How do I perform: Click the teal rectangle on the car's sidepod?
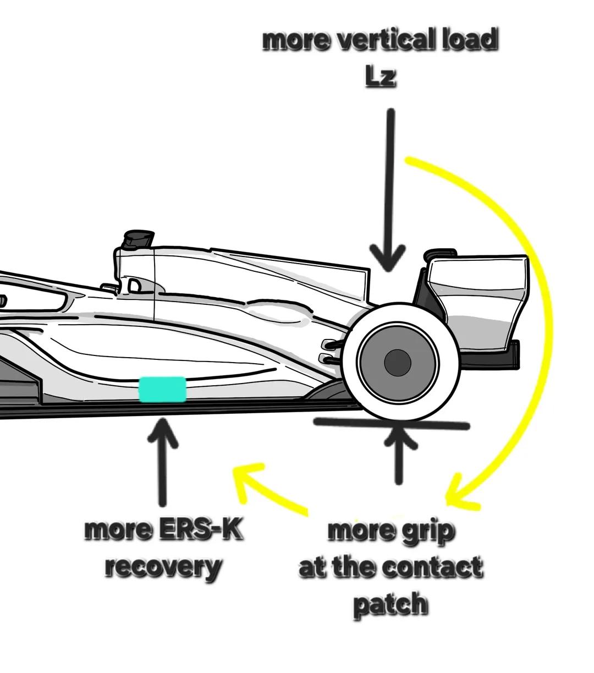pyautogui.click(x=162, y=390)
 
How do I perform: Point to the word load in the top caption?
pyautogui.click(x=471, y=40)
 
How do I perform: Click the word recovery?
pyautogui.click(x=163, y=567)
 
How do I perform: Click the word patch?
pyautogui.click(x=391, y=604)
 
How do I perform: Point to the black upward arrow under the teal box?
pyautogui.click(x=162, y=462)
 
